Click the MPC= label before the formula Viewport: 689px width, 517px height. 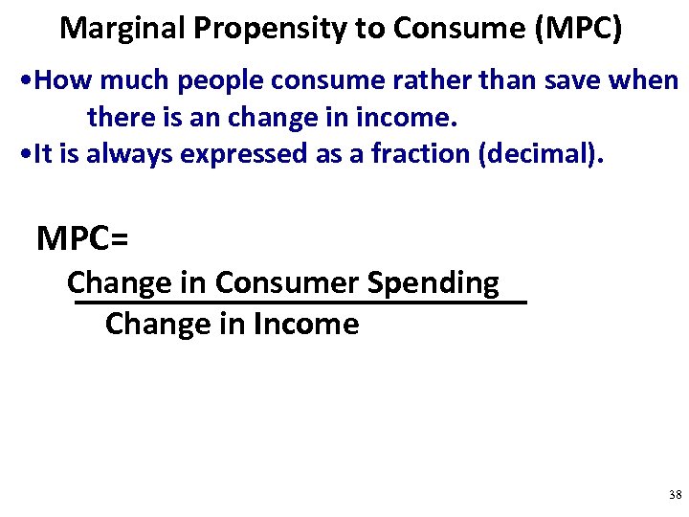point(82,238)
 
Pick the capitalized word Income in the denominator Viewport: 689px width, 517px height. point(306,324)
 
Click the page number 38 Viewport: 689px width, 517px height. point(675,495)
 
